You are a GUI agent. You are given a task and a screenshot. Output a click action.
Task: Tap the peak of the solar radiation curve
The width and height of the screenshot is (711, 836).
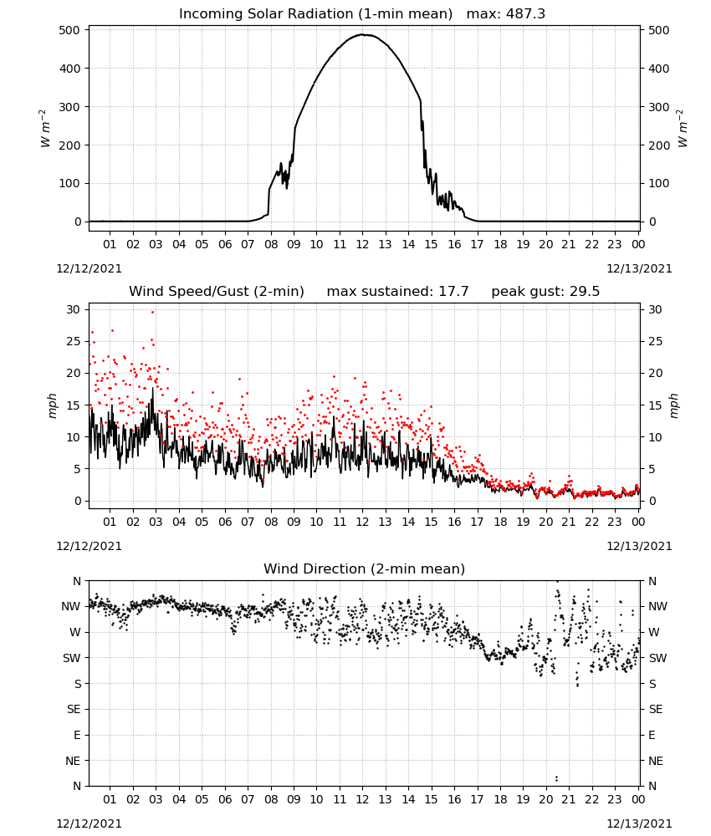363,34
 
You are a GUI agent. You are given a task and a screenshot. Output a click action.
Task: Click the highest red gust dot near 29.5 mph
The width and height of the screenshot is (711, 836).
152,312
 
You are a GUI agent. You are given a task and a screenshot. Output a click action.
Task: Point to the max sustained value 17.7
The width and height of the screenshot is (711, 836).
453,292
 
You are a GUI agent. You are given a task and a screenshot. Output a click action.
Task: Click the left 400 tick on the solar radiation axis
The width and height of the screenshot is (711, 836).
70,69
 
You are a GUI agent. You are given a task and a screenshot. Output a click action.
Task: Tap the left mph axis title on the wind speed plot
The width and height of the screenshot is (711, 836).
52,405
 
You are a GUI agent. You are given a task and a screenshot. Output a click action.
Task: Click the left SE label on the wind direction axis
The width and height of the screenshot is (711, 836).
74,709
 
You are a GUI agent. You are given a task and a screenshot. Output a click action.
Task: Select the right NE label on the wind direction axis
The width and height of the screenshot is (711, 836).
656,761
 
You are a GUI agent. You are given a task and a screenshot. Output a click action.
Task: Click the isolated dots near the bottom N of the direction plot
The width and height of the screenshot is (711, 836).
556,778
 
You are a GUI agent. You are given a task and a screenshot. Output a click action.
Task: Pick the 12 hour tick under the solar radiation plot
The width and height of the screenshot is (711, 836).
363,244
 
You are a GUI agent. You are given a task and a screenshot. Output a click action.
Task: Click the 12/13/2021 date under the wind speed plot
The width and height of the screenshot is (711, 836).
639,546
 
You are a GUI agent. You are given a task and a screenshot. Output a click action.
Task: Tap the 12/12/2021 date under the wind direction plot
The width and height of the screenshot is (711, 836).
89,823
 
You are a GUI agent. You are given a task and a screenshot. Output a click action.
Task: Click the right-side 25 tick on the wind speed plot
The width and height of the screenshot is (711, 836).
655,341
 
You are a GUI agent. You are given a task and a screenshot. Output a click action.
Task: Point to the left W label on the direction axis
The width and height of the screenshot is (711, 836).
75,632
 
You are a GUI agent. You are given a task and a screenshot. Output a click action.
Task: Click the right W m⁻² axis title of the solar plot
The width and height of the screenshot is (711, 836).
683,129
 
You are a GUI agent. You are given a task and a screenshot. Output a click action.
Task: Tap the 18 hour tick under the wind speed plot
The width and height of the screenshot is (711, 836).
500,522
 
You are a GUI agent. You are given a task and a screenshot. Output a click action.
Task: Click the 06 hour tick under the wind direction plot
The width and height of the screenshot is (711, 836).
225,799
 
